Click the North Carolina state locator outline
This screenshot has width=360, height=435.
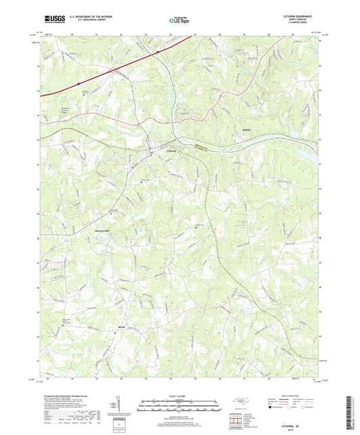click(240, 403)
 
